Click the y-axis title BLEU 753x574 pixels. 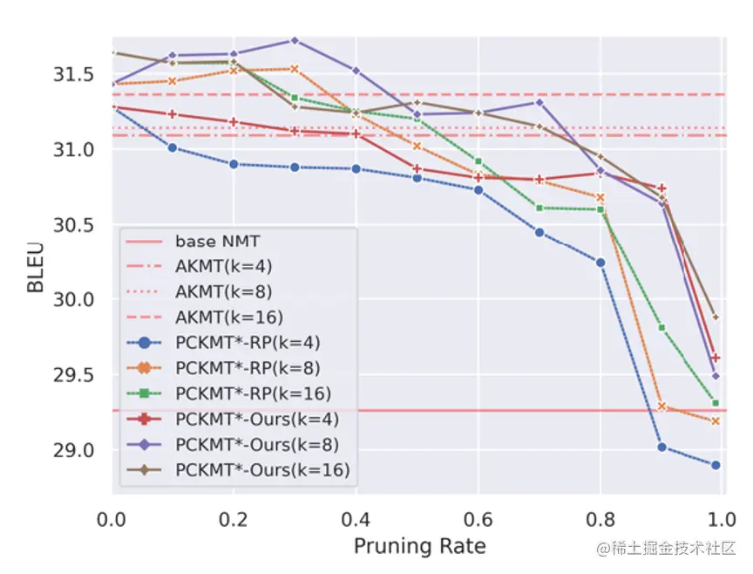tap(36, 267)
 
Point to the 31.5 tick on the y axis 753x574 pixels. tap(73, 74)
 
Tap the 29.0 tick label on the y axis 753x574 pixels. tap(73, 450)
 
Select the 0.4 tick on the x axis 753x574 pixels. tap(356, 520)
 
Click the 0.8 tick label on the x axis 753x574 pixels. tap(600, 520)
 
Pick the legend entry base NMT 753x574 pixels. tap(217, 241)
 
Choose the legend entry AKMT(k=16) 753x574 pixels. tap(229, 318)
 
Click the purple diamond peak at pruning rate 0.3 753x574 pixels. tap(295, 40)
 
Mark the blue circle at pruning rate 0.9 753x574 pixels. tap(661, 448)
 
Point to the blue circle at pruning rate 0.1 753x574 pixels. tap(173, 147)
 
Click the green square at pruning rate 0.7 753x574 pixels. tap(539, 208)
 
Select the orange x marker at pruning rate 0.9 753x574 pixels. tap(661, 407)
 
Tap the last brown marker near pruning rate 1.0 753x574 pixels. tap(716, 318)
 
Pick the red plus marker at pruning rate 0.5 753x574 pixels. tap(417, 168)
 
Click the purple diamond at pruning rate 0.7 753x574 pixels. tap(539, 102)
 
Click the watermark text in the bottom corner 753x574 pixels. tap(666, 548)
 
